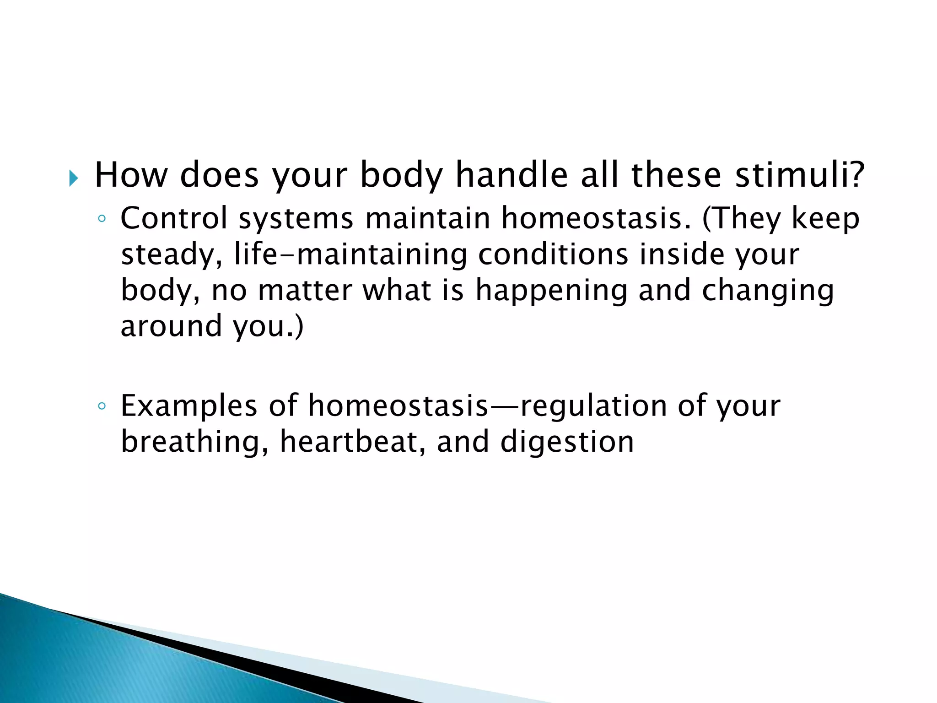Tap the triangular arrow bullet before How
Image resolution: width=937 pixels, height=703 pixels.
[x=73, y=178]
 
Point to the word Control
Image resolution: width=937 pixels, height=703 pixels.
[x=174, y=218]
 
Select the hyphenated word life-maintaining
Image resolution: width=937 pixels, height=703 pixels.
[x=350, y=254]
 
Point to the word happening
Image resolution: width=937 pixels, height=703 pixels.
[x=551, y=292]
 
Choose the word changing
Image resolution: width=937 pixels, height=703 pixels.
[x=768, y=292]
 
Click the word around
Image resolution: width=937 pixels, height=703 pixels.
[x=171, y=326]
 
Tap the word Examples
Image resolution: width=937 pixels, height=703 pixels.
[x=189, y=406]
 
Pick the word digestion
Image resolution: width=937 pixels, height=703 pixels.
[x=567, y=443]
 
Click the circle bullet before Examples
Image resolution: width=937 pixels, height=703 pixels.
[x=102, y=406]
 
